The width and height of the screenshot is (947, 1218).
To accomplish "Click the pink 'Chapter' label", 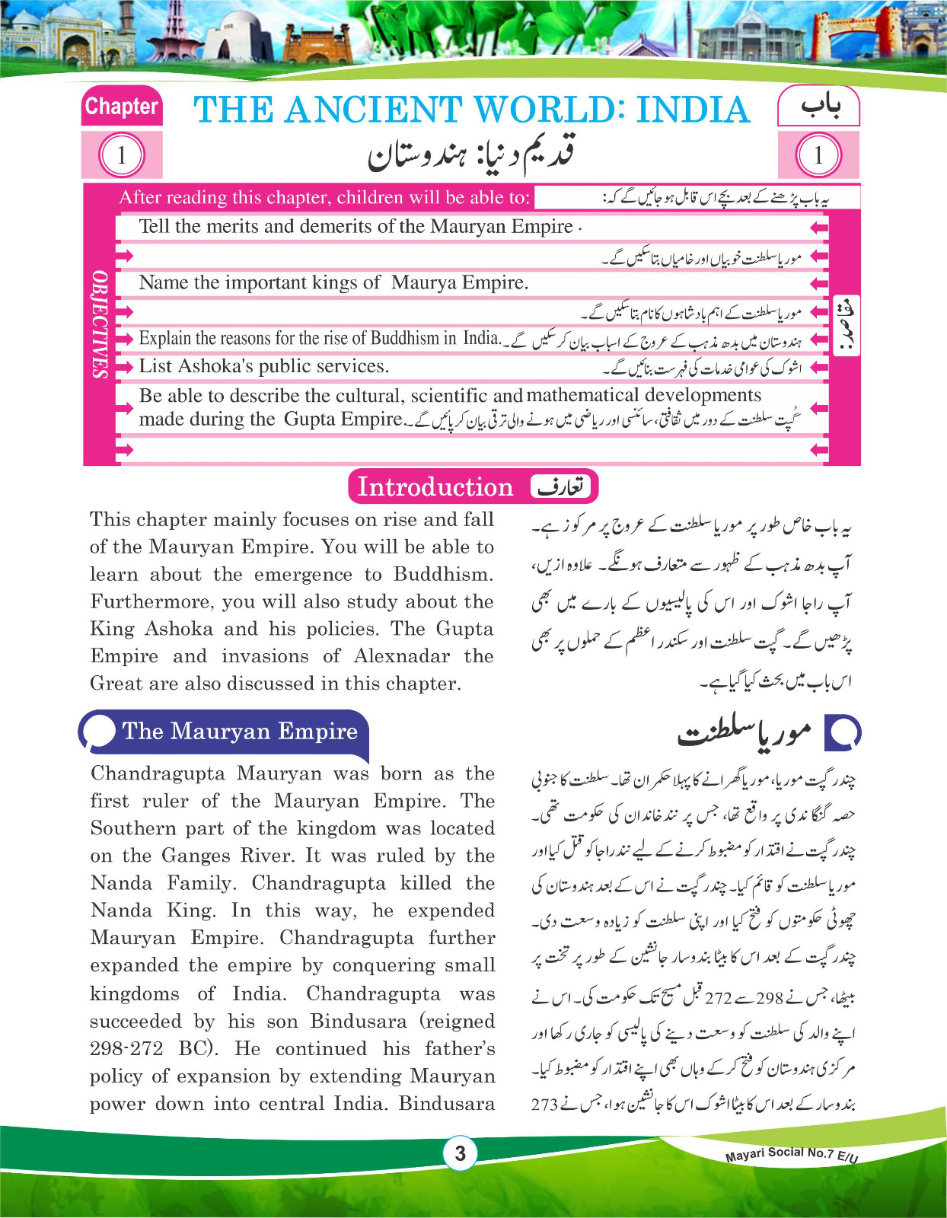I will pos(121,107).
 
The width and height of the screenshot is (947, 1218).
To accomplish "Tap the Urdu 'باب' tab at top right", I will pos(820,107).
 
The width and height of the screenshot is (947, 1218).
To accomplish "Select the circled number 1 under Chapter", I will pos(121,155).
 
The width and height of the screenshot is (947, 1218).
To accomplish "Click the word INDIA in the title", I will pos(693,110).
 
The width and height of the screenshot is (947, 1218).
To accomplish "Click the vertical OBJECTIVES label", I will pos(100,324).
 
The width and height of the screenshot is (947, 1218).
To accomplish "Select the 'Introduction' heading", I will pos(435,486).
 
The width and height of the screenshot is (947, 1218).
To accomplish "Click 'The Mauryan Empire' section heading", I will pos(239,732).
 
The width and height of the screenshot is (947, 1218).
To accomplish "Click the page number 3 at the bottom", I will pos(460,1153).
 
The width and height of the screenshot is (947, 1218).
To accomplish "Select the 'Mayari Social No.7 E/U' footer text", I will pos(791,1154).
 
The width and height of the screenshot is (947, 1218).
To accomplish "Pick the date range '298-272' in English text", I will pos(126,1049).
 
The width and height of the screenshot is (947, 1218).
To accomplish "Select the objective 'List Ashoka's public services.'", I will pos(263,366).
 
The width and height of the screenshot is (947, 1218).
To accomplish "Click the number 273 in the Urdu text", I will pos(545,1104).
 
